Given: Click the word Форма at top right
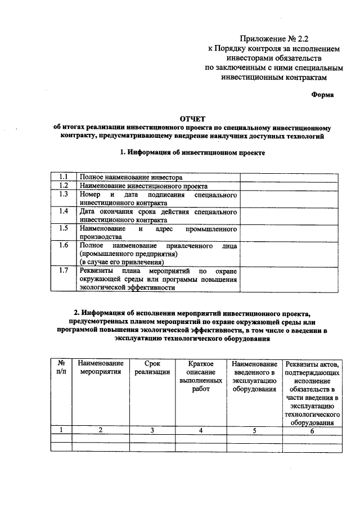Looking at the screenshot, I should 322,94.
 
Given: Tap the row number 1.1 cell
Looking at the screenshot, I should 64,177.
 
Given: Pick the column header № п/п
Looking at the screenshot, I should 61,368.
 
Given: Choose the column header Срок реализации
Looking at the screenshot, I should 152,368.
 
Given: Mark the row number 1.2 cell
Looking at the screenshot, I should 64,186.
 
